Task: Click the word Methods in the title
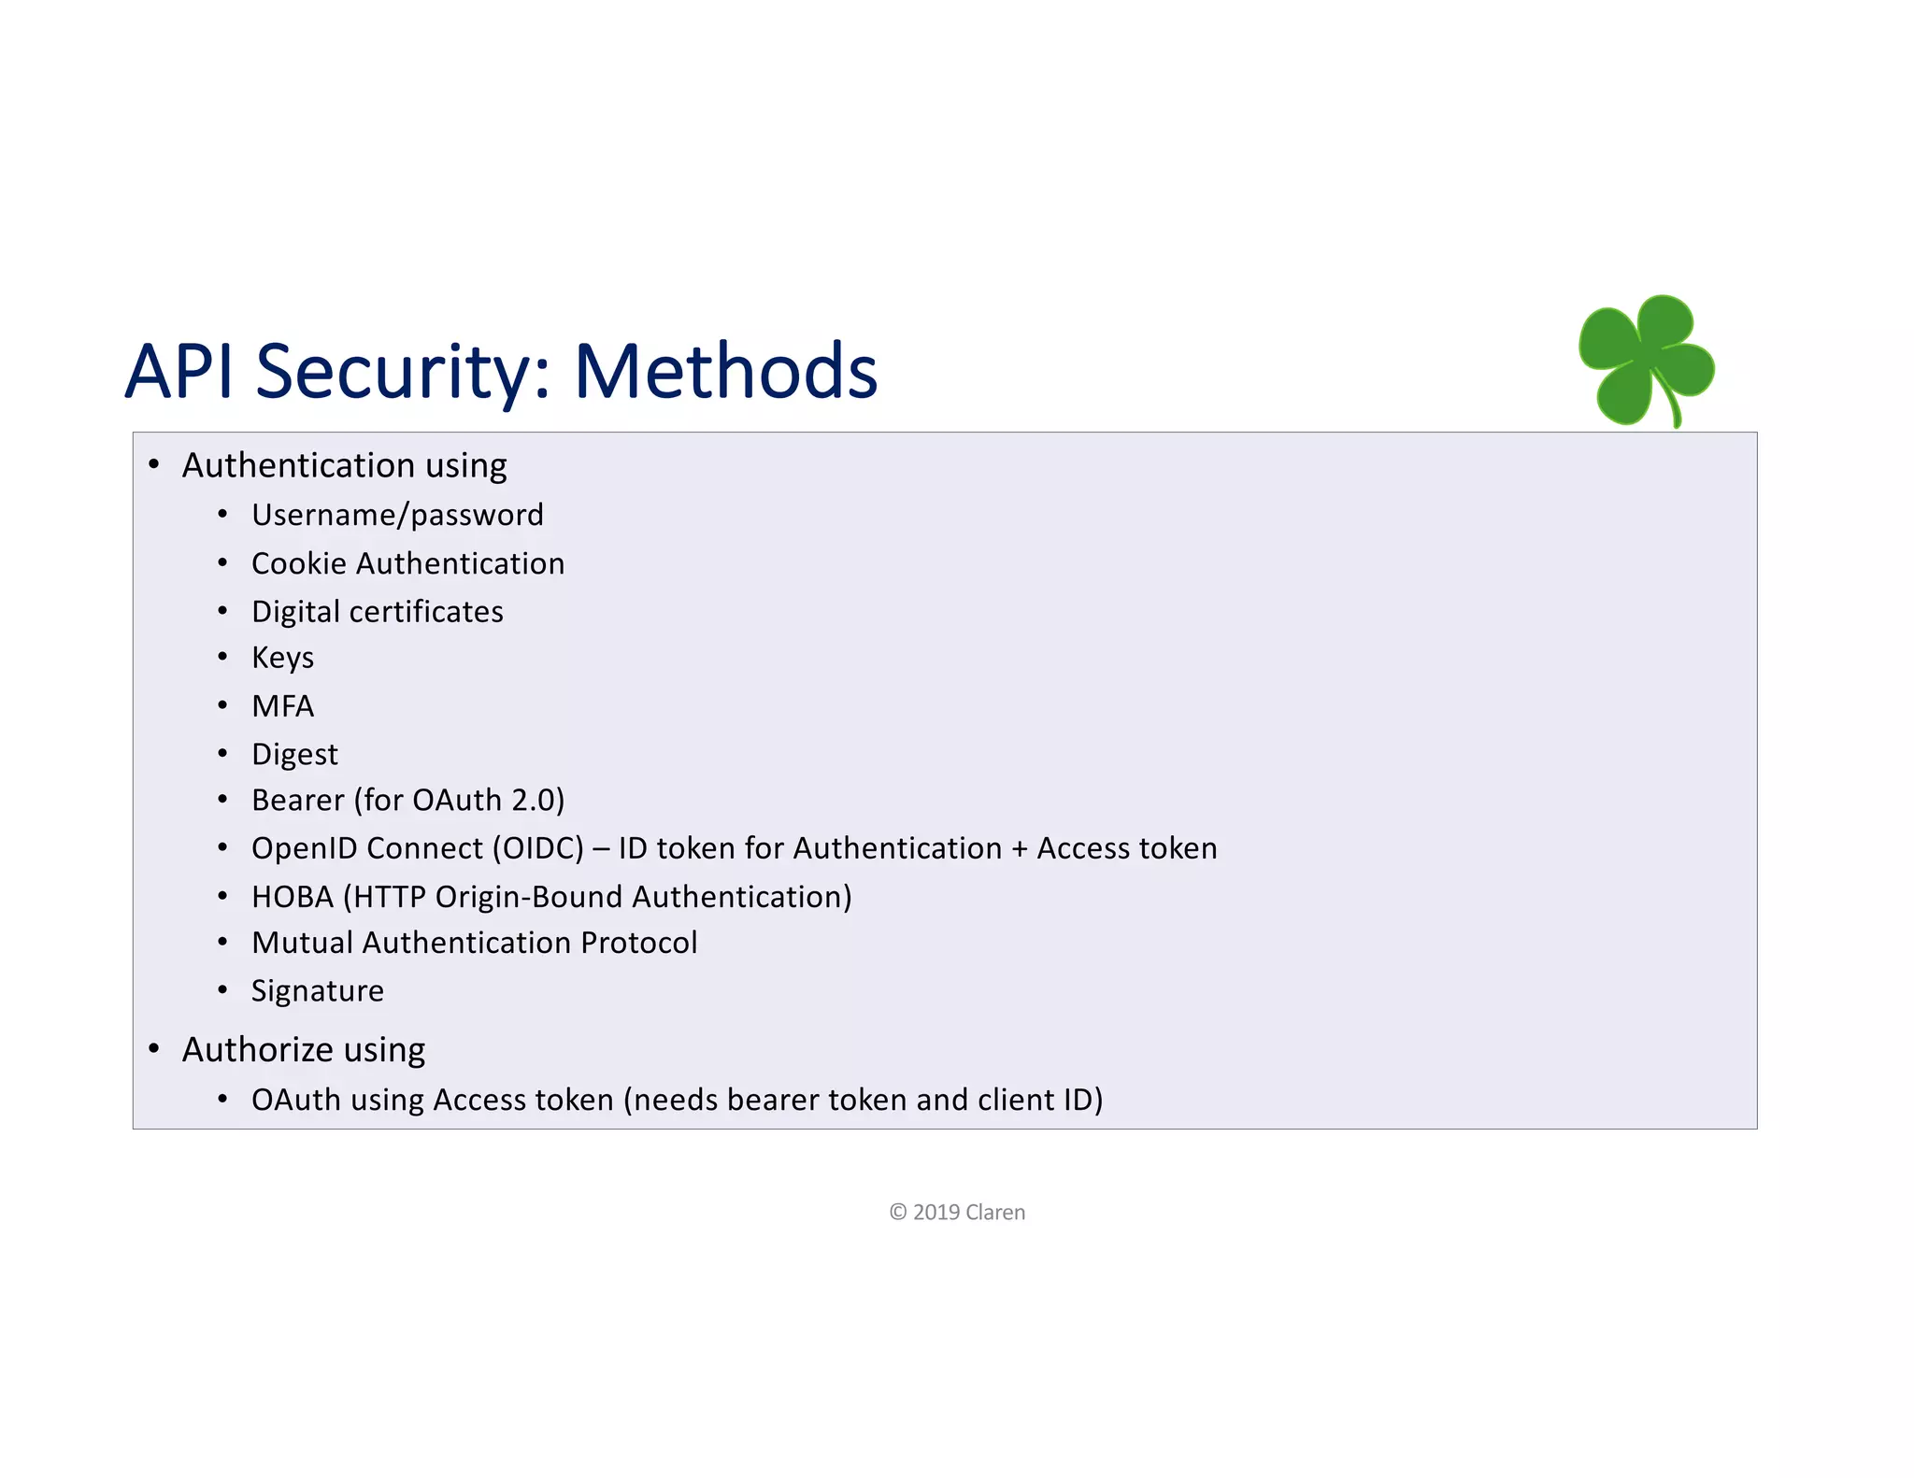725,371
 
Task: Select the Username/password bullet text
397,515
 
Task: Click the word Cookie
298,563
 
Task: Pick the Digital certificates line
377,612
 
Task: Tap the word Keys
282,659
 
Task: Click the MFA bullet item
282,706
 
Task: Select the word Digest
294,755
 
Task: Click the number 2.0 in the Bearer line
533,801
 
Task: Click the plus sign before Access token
1019,849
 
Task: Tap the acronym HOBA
292,897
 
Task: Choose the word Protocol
638,943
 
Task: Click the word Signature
317,991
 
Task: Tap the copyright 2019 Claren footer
957,1213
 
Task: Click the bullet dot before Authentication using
154,464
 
